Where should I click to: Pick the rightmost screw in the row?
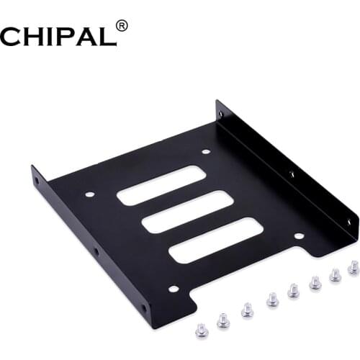[353, 268]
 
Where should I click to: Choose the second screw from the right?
[335, 274]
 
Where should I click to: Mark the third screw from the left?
[246, 309]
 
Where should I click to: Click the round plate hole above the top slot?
[206, 151]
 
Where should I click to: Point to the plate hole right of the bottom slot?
[296, 235]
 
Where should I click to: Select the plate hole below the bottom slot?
[173, 289]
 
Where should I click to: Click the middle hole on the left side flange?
[96, 251]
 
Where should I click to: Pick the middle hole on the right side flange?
[292, 174]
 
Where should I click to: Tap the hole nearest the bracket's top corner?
[220, 112]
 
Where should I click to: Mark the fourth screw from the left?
[271, 299]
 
